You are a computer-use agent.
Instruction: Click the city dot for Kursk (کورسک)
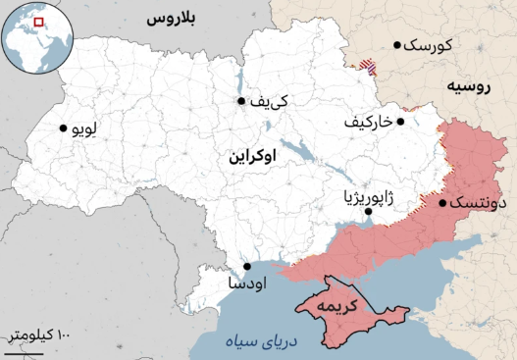[x=397, y=44]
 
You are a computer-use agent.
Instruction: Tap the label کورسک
[x=428, y=45]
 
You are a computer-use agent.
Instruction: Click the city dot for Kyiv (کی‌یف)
[x=240, y=101]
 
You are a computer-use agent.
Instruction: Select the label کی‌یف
[x=268, y=102]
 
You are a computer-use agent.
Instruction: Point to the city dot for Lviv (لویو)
[x=64, y=128]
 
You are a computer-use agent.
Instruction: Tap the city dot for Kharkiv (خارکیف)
[x=400, y=122]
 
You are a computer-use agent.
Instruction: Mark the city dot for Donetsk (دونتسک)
[x=442, y=204]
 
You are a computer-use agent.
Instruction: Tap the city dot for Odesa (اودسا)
[x=247, y=266]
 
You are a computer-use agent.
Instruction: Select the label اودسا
[x=243, y=283]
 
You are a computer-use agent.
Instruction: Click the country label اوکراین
[x=252, y=157]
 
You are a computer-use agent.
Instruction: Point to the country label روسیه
[x=468, y=86]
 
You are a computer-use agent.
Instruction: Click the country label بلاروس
[x=171, y=19]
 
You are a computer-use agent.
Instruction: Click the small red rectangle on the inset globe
[x=38, y=21]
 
